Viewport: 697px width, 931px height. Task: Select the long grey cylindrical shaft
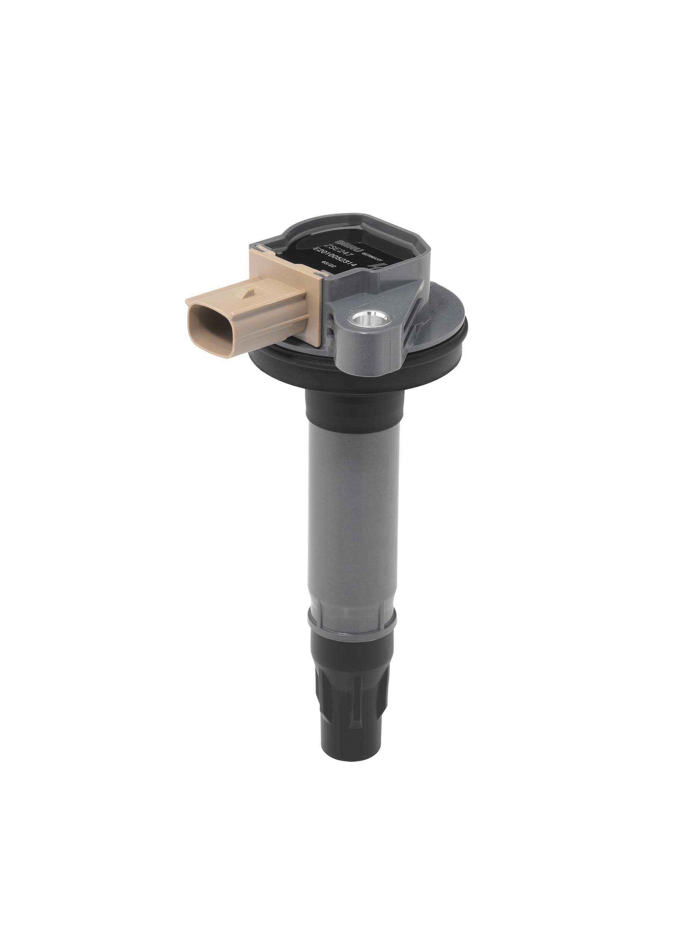pos(351,505)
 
